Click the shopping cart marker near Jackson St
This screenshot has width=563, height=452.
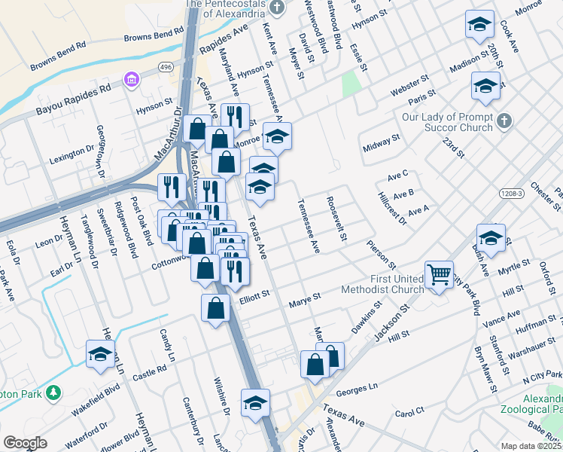click(439, 274)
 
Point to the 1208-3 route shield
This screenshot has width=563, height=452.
click(511, 194)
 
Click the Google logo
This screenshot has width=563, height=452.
click(26, 443)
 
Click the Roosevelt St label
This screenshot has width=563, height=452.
click(336, 219)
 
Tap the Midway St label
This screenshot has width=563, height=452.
click(380, 143)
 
